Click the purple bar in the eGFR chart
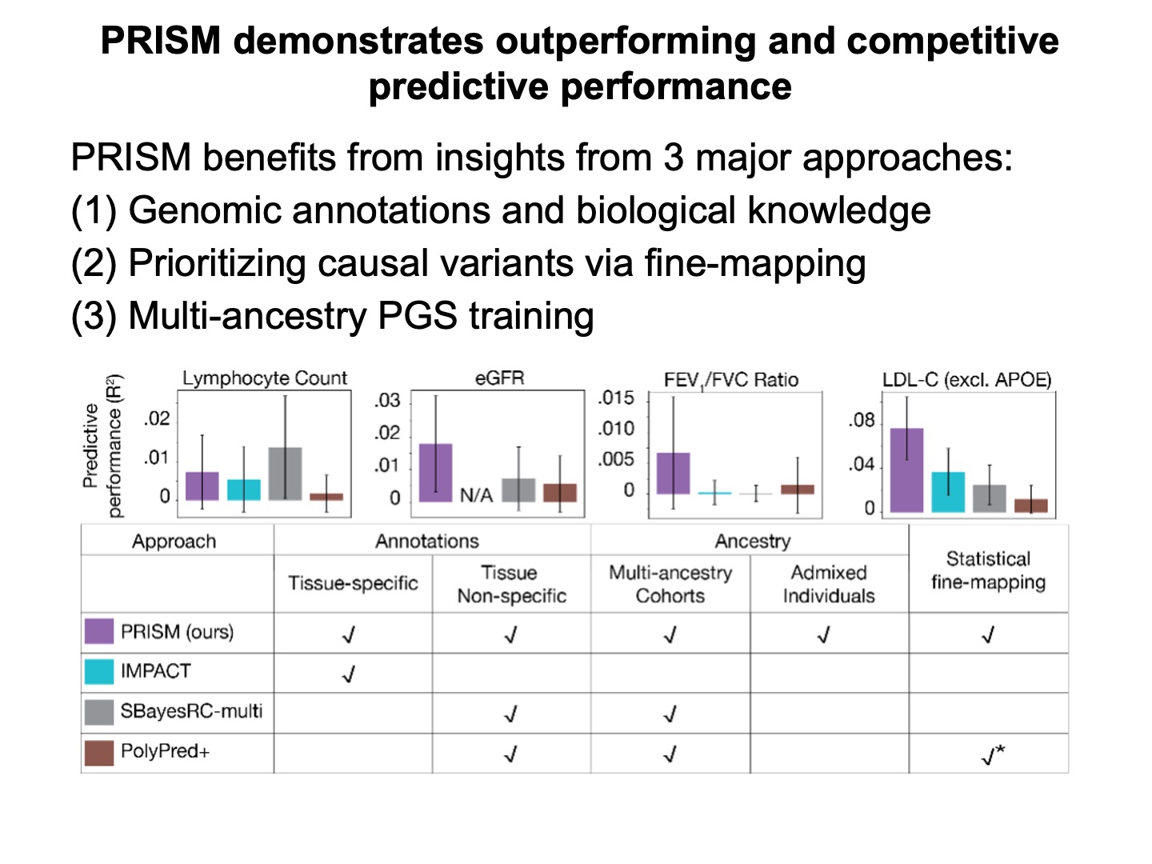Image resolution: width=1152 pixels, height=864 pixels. (435, 473)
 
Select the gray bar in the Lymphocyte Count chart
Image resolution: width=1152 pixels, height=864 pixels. (285, 474)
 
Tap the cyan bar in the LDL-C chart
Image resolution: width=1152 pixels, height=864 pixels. (948, 492)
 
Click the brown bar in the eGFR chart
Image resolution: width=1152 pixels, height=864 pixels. (560, 492)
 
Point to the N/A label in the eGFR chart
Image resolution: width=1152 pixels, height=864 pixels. (476, 496)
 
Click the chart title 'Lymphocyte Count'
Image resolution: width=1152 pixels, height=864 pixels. (265, 378)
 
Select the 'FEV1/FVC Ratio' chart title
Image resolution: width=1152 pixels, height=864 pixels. (731, 380)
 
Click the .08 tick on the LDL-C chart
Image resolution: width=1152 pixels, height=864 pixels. (862, 420)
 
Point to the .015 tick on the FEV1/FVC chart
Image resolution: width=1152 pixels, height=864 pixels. (616, 398)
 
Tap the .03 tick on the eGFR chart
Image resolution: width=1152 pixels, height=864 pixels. (387, 400)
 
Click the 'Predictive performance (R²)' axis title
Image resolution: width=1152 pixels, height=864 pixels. (104, 446)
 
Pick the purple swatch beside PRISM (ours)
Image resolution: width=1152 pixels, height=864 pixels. (99, 631)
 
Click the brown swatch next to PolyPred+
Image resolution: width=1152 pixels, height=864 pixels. (99, 752)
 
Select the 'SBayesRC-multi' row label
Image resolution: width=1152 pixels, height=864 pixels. (191, 711)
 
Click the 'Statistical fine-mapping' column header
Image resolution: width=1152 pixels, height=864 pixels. (988, 570)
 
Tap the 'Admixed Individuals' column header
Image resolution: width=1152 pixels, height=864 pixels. (829, 584)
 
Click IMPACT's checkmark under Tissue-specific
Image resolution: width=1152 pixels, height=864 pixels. (349, 674)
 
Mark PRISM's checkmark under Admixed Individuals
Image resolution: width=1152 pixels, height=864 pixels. (824, 635)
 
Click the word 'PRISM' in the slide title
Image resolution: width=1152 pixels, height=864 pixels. (160, 41)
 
